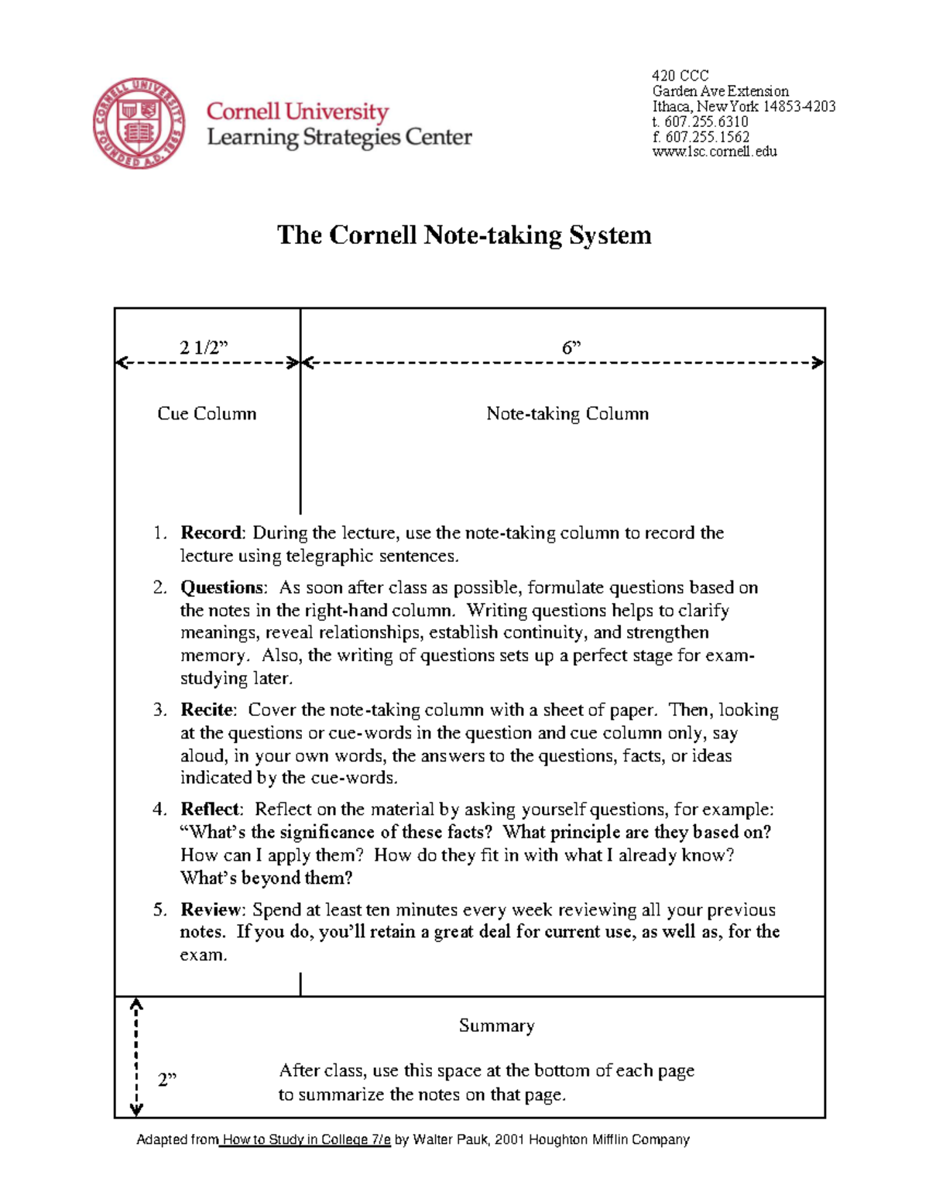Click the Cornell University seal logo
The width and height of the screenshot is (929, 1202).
tap(139, 124)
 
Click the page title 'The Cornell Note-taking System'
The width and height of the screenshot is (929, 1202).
tap(464, 235)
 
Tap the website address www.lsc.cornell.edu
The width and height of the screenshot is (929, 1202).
tap(715, 152)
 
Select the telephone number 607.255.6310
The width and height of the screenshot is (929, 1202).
tap(706, 122)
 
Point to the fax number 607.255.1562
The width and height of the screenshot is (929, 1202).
tap(707, 137)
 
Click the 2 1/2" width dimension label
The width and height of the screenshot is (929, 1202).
tap(204, 348)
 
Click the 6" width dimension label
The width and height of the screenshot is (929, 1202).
tap(571, 348)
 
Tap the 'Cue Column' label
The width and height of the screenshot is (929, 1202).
tap(207, 413)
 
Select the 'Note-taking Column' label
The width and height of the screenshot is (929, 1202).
tap(567, 413)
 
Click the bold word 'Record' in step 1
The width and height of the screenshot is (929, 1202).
tap(211, 533)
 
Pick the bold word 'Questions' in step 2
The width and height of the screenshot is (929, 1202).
tap(222, 587)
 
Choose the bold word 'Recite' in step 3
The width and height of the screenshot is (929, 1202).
tap(207, 710)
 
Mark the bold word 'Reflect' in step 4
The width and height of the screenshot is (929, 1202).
tap(210, 809)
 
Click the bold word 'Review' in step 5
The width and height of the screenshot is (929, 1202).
tap(211, 909)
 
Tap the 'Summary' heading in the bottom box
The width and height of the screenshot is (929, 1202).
tap(496, 1026)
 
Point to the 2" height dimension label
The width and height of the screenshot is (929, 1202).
tap(167, 1079)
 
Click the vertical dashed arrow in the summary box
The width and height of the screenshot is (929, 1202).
tap(136, 1057)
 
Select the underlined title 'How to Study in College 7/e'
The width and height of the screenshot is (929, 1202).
tap(306, 1139)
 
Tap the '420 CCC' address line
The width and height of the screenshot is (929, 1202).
tap(680, 76)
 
